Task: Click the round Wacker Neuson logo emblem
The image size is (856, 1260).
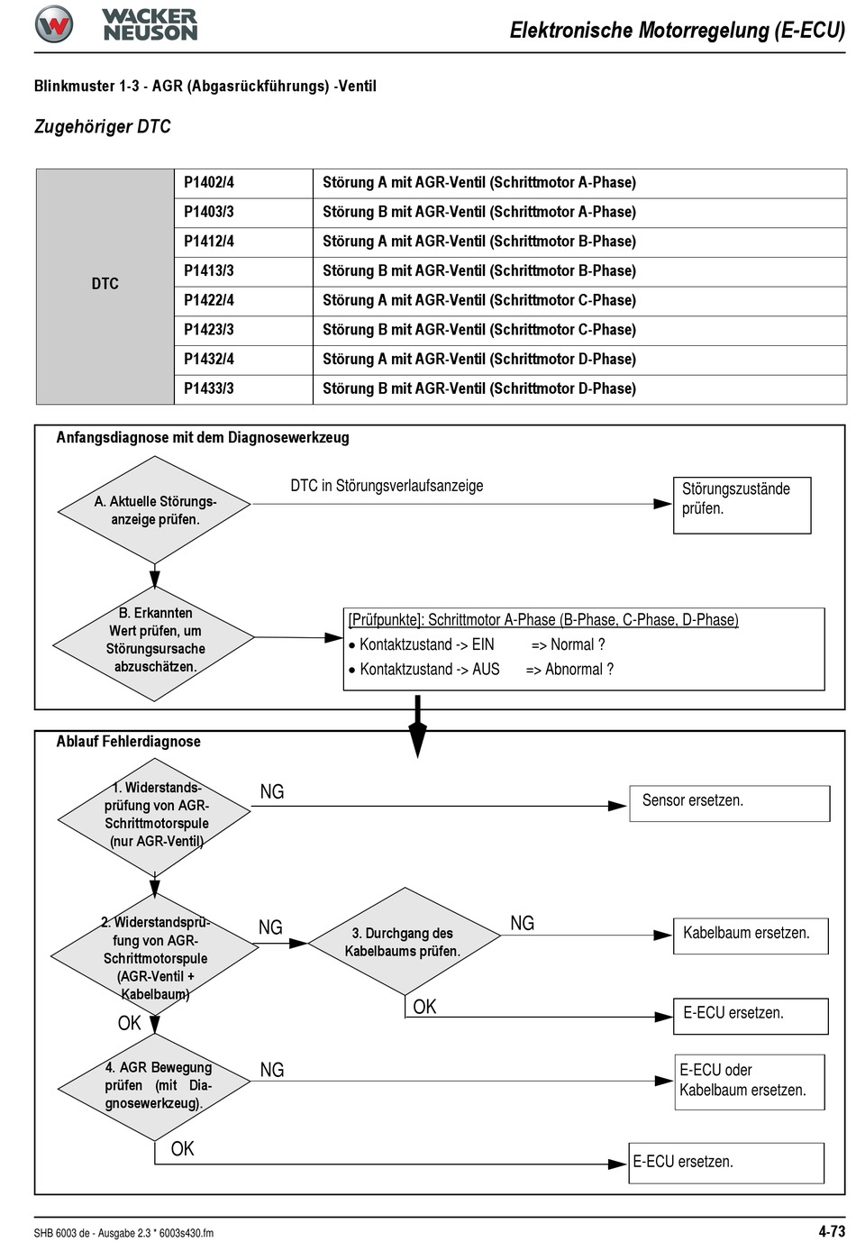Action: (x=53, y=24)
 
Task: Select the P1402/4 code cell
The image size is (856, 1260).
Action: (x=243, y=183)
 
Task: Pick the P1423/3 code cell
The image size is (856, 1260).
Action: (x=243, y=330)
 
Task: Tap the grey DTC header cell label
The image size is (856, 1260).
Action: (x=105, y=284)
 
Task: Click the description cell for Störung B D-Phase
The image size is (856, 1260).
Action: (x=579, y=389)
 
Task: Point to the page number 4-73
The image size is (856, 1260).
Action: (x=832, y=1231)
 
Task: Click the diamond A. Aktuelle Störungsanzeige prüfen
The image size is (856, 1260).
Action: (x=155, y=509)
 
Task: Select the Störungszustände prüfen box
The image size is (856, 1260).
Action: (x=742, y=505)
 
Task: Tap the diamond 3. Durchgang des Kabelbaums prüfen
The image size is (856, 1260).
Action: (x=405, y=941)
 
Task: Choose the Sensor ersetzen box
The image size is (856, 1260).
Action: (x=730, y=803)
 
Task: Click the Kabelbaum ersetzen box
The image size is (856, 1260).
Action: (x=751, y=936)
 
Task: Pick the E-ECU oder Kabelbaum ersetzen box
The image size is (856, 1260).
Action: (x=750, y=1082)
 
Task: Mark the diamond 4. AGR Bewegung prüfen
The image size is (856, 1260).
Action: (x=154, y=1087)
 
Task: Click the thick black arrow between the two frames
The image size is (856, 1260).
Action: (x=417, y=726)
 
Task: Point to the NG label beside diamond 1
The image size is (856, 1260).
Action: (x=271, y=792)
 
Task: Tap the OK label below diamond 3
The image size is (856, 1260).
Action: (x=424, y=1007)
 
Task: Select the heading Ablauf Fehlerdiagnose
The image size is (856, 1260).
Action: (x=128, y=742)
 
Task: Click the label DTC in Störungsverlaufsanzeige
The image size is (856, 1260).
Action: (x=387, y=486)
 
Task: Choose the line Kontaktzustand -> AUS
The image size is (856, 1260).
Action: (x=429, y=670)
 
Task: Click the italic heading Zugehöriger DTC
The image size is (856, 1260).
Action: (x=103, y=126)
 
